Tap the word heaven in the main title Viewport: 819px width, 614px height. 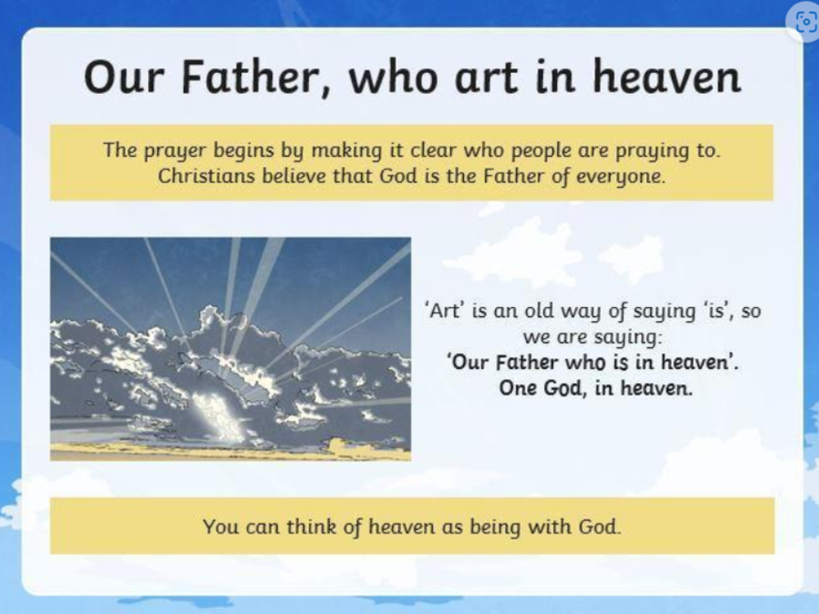point(666,76)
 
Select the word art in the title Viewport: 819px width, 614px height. point(486,78)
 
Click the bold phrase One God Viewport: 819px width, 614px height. point(541,389)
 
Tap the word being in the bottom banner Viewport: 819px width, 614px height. point(495,527)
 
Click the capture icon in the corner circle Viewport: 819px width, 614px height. point(805,22)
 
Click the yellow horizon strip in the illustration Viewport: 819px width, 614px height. point(230,451)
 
